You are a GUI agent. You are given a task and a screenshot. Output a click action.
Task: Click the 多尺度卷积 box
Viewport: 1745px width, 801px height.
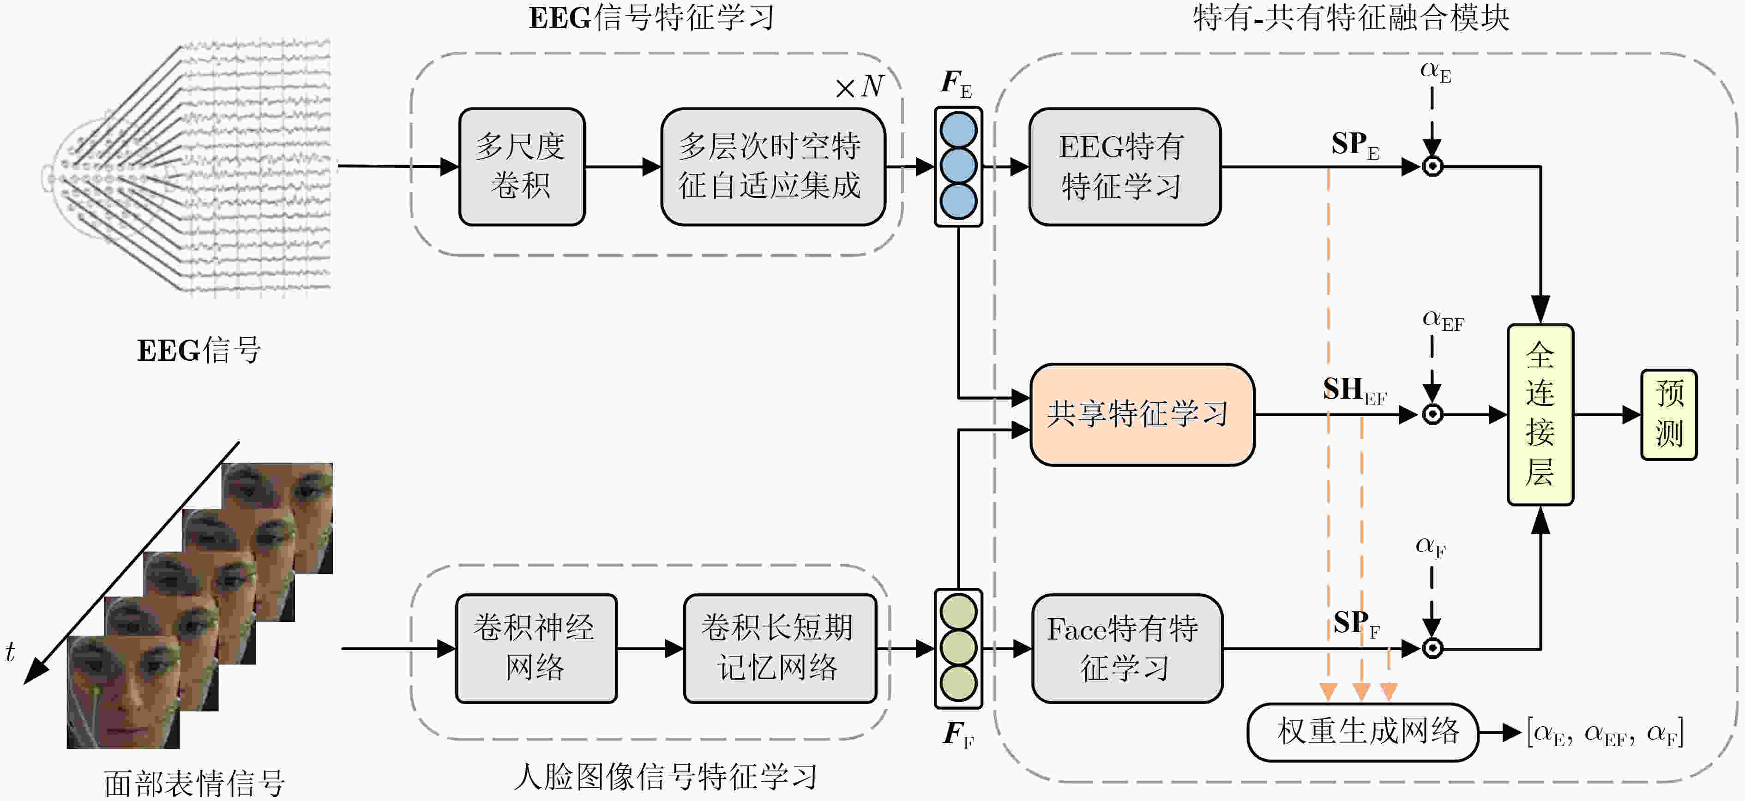[521, 167]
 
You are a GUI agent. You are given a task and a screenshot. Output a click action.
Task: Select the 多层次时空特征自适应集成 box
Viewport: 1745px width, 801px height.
[772, 167]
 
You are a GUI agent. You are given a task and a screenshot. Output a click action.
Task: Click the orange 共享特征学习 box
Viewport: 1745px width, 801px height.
[1142, 414]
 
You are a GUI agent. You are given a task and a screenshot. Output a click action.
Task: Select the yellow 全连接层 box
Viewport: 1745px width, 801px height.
[1540, 414]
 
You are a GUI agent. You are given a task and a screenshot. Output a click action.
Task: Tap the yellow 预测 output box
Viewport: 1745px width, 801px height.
[1668, 414]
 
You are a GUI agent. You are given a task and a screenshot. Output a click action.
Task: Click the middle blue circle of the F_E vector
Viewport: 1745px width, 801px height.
[958, 166]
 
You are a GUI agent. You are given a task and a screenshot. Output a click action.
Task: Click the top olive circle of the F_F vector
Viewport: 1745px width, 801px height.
[958, 612]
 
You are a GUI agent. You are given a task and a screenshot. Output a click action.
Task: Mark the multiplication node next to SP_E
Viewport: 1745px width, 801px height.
[1432, 167]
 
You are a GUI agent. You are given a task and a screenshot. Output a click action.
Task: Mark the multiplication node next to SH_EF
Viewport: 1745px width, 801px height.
[1432, 414]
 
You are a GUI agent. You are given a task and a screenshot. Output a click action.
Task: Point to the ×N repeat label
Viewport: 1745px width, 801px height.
[859, 87]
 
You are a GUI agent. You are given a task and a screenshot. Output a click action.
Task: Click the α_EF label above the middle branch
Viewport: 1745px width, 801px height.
[1443, 320]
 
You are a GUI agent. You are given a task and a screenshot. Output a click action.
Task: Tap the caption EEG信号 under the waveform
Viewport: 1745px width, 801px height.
[199, 351]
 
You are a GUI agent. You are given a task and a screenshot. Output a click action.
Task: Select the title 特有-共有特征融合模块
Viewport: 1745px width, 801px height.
[1351, 18]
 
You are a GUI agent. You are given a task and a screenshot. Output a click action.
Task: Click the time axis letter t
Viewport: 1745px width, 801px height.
[10, 652]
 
